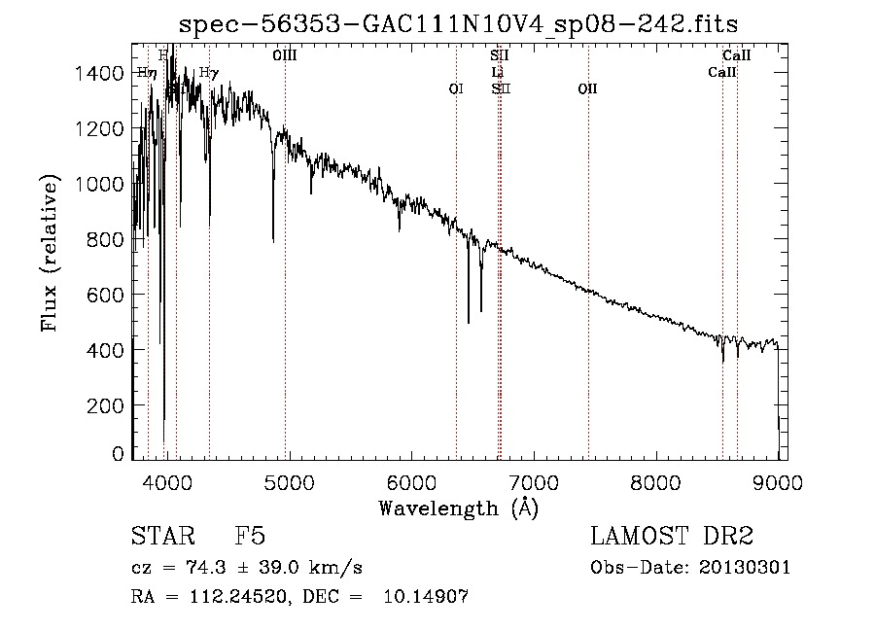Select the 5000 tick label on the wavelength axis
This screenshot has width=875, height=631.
(287, 482)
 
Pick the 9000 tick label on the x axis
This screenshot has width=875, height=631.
(778, 482)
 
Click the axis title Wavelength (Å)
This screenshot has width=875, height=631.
(458, 508)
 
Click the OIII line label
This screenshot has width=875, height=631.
(285, 56)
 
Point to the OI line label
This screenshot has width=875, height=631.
(455, 88)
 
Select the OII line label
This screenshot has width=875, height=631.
(586, 88)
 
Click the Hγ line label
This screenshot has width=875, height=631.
(208, 73)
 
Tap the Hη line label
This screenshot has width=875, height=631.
(147, 72)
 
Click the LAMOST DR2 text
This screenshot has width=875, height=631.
(672, 537)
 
